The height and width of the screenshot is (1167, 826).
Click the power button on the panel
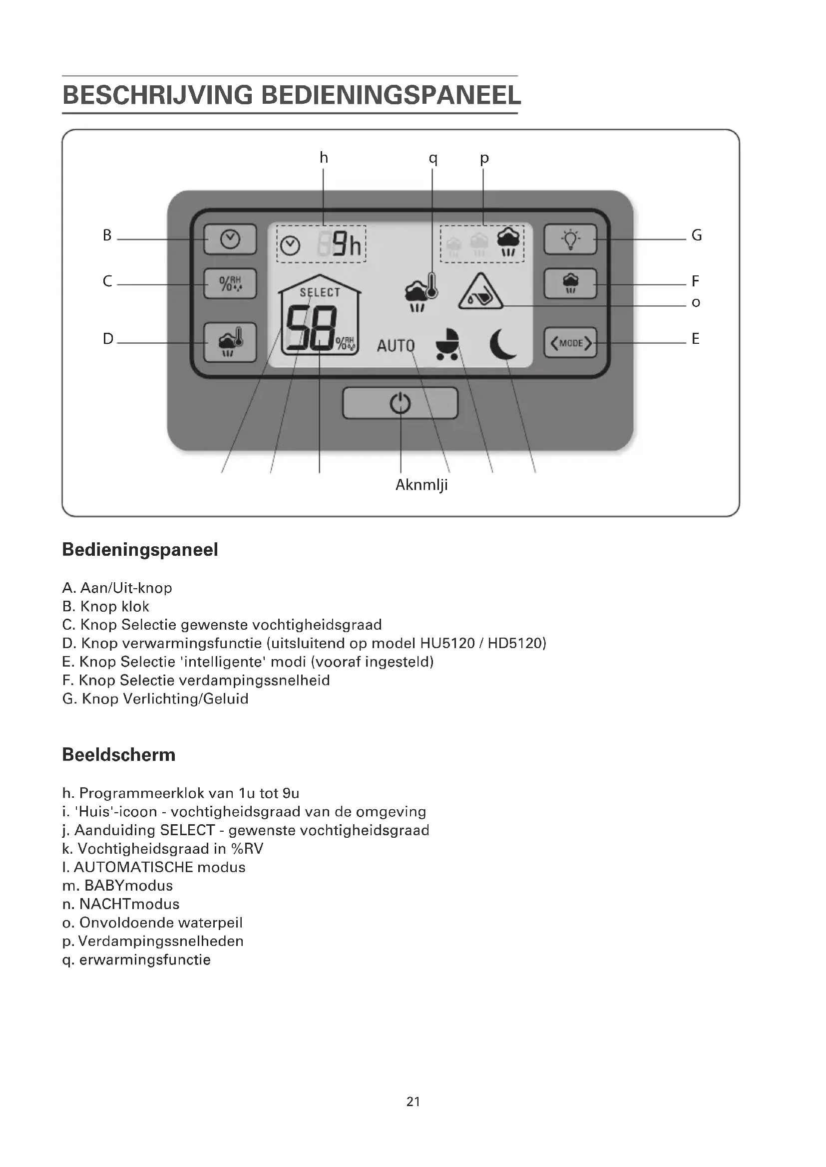click(x=401, y=403)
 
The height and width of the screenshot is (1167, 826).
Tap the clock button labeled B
click(x=230, y=239)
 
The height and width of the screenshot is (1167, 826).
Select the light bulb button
click(x=570, y=239)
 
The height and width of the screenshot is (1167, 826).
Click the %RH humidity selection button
click(x=230, y=283)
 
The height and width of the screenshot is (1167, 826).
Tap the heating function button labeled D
click(x=230, y=342)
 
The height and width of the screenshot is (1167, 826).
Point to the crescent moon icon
click(x=502, y=344)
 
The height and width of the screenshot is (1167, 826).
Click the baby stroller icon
click(x=447, y=344)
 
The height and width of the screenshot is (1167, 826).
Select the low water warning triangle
click(x=480, y=292)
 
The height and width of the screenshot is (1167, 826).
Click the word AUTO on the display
click(x=396, y=346)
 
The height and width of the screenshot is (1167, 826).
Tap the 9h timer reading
click(x=347, y=245)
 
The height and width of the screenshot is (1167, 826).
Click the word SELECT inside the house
click(x=320, y=292)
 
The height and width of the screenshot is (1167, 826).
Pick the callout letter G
click(x=696, y=235)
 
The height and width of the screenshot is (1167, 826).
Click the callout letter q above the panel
click(x=433, y=159)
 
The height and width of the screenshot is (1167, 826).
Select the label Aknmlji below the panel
click(x=421, y=485)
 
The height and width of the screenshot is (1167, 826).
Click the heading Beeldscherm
click(x=118, y=755)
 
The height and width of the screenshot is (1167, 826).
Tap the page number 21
click(x=413, y=1102)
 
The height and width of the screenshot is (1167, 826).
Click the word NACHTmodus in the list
click(x=129, y=904)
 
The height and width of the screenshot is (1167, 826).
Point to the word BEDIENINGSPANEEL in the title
click(x=391, y=95)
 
